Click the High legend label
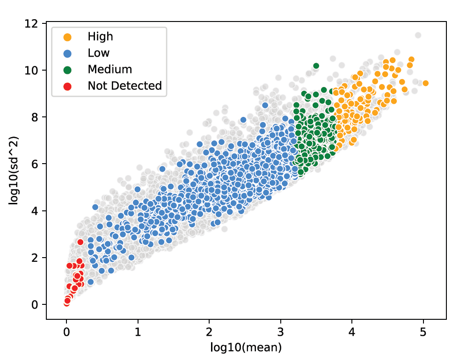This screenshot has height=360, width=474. tap(100, 36)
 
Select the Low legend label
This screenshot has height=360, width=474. tap(98, 53)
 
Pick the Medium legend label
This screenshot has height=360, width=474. tap(109, 69)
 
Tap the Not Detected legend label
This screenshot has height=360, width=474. tap(124, 86)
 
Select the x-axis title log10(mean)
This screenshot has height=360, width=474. tap(246, 347)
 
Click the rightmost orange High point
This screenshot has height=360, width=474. tap(425, 83)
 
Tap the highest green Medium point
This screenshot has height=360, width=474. tap(316, 66)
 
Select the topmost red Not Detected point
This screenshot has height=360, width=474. tap(80, 242)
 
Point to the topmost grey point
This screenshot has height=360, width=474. tap(418, 35)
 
